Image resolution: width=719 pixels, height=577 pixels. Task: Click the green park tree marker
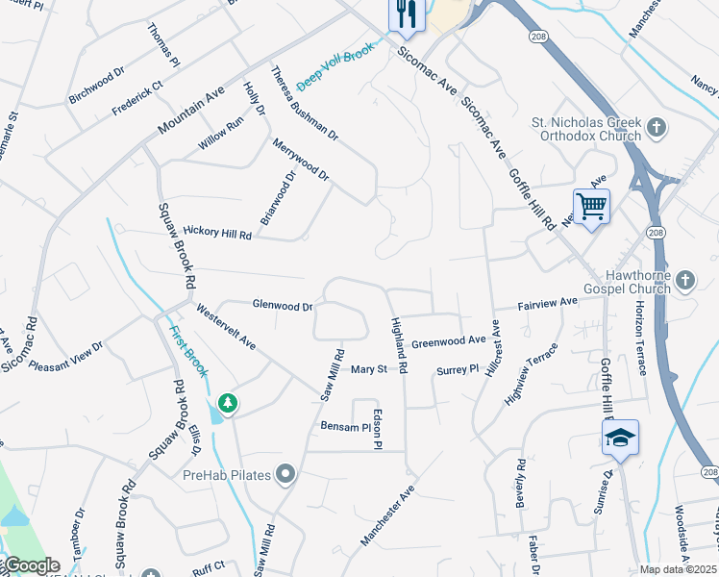[228, 403]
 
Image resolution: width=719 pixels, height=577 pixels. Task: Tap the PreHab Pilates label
[227, 473]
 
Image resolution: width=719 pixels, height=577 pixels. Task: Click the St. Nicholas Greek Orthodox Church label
[586, 129]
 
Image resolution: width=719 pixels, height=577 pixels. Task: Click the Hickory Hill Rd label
[217, 233]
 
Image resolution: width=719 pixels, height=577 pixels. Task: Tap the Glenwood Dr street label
[283, 306]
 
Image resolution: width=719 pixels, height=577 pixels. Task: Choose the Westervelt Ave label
[226, 327]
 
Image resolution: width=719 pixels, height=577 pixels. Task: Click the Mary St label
[368, 369]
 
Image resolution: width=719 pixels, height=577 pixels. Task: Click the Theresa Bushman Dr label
[305, 102]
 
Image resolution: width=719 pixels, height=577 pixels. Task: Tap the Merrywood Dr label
[301, 162]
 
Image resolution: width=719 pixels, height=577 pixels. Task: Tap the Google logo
[32, 565]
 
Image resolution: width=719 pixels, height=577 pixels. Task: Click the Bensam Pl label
[345, 426]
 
